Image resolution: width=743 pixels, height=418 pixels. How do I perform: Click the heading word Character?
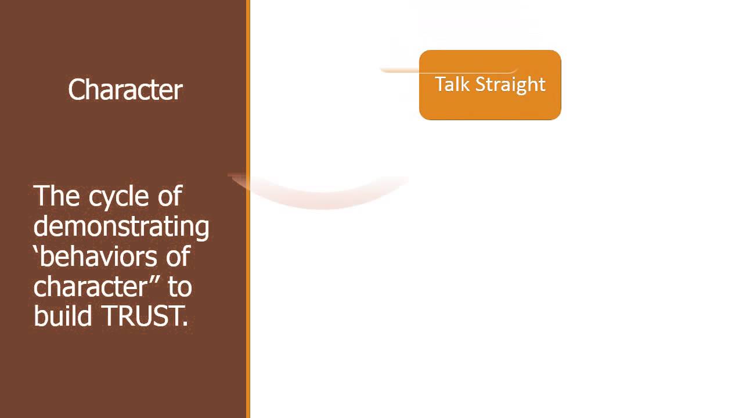[125, 91]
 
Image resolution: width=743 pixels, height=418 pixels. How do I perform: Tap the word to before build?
[180, 287]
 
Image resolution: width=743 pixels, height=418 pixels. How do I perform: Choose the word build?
[63, 316]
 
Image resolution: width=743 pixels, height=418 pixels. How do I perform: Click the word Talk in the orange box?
[452, 84]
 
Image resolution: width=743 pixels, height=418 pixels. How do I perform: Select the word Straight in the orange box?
[510, 85]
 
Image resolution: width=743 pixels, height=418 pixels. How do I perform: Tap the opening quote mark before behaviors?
[37, 248]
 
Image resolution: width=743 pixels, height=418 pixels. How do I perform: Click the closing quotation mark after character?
[158, 278]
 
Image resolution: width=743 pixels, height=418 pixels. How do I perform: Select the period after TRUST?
[185, 325]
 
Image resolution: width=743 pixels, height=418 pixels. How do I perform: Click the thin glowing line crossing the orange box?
[401, 70]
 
